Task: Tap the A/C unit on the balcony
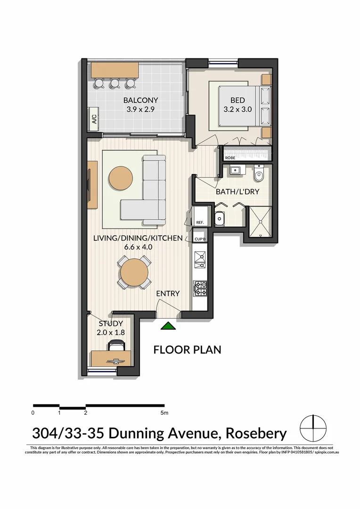pos(93,118)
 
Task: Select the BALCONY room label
pos(140,100)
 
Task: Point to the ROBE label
pos(230,158)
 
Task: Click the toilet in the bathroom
pos(259,175)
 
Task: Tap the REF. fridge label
pos(199,222)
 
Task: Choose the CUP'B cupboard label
pos(199,239)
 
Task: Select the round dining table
pos(134,272)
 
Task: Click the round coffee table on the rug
pos(121,178)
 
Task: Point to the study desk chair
pos(115,346)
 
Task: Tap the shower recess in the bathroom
pos(260,221)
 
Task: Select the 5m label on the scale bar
pos(164,413)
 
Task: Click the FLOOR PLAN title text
pos(187,350)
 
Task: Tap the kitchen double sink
pos(199,261)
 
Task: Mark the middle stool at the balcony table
pos(115,83)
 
